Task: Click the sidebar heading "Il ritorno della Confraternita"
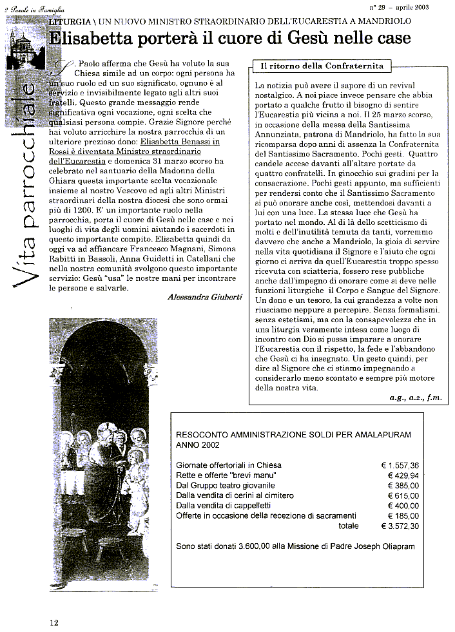322,66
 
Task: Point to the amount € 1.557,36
400,464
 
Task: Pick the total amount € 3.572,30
400,526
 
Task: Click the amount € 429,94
403,475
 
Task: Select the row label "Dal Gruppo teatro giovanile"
226,485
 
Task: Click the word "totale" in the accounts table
349,526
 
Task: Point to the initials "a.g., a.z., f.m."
416,397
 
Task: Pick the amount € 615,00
403,495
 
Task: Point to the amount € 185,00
403,516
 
